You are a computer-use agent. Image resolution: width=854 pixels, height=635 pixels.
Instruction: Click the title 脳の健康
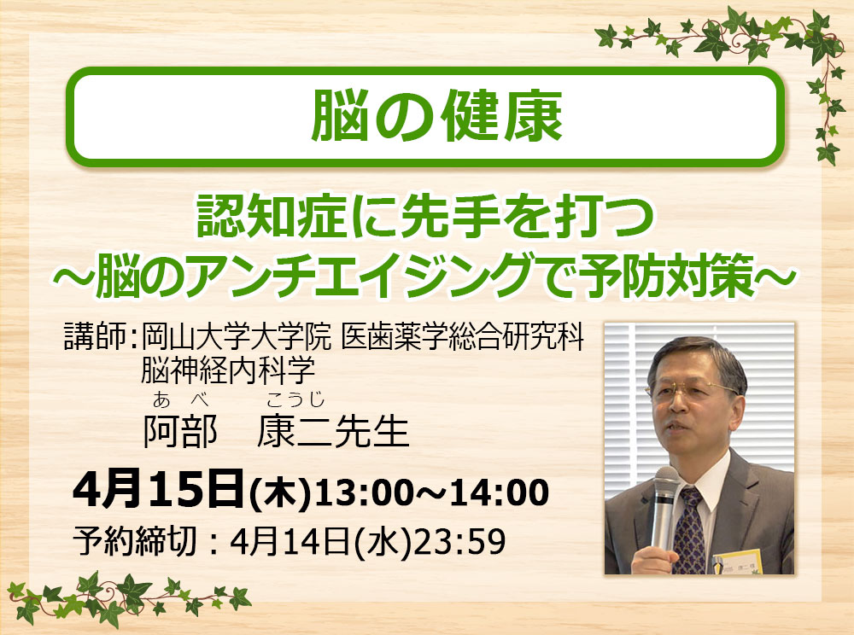(x=436, y=116)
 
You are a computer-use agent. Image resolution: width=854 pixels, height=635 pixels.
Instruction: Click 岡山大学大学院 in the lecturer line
(x=237, y=337)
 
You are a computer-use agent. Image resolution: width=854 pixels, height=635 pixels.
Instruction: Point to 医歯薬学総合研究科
(x=462, y=337)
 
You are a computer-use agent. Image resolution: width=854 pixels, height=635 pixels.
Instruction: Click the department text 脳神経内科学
(x=228, y=370)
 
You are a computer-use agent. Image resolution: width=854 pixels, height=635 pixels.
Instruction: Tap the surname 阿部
(x=180, y=432)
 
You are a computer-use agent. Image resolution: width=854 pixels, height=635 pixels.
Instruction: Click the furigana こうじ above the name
(x=295, y=400)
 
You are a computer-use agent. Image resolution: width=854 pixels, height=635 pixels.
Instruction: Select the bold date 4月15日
(x=157, y=490)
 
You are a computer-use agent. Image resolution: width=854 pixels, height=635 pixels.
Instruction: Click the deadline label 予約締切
(x=135, y=541)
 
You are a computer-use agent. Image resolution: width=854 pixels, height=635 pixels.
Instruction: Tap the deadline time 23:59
(x=459, y=541)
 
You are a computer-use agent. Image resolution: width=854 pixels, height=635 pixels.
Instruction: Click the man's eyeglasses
(x=690, y=389)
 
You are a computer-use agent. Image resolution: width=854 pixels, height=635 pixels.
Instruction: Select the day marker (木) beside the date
(x=278, y=493)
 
